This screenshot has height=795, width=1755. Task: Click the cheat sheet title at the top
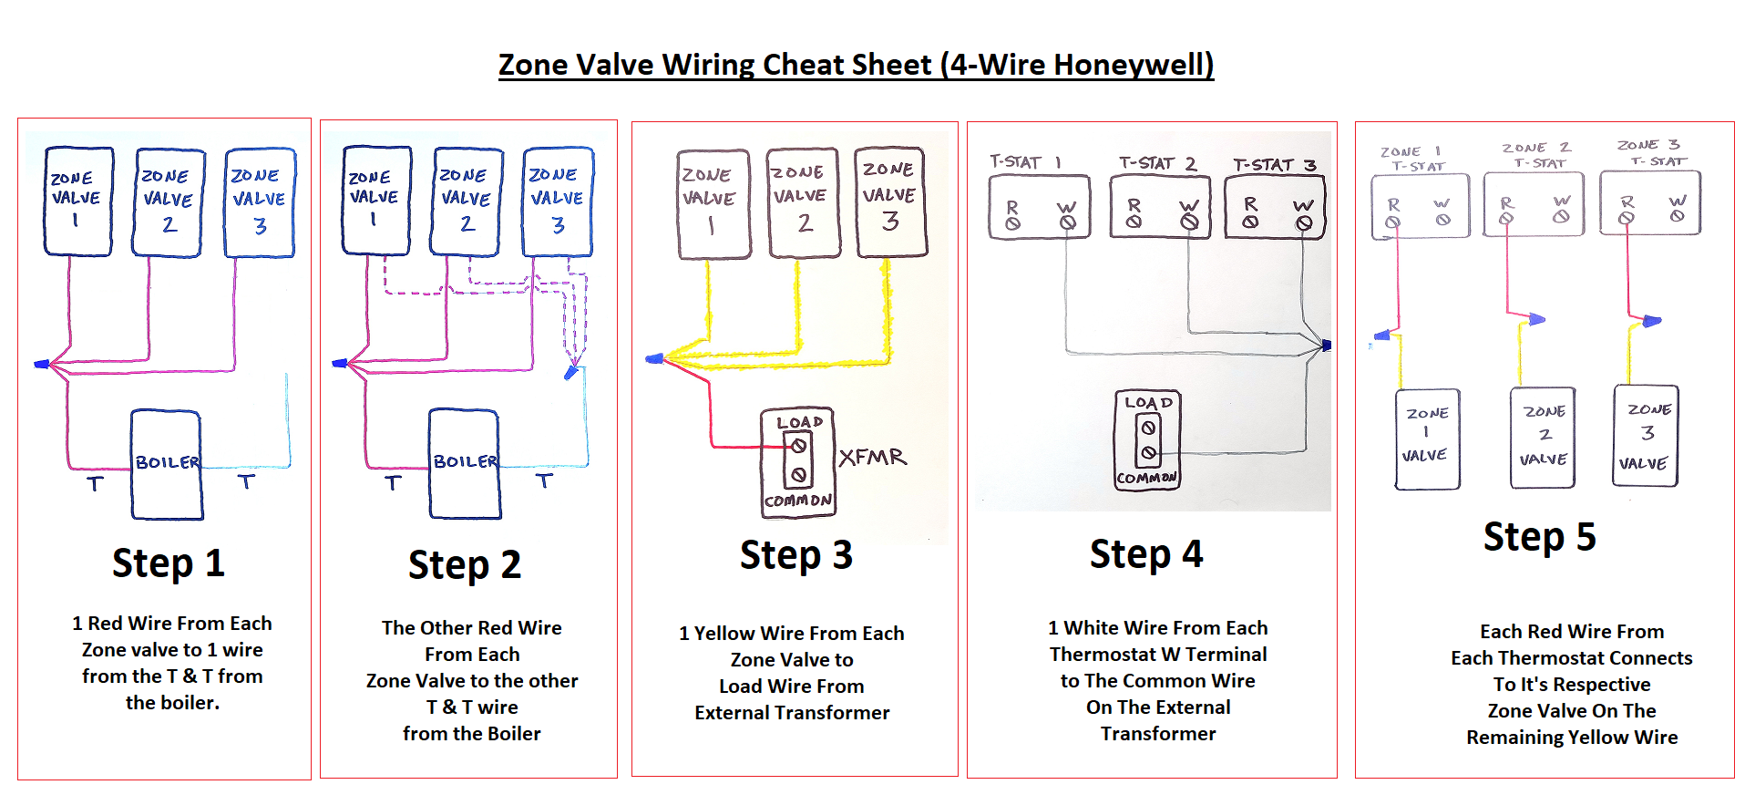point(856,65)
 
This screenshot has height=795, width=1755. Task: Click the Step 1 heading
point(168,563)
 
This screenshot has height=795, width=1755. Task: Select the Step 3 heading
point(795,555)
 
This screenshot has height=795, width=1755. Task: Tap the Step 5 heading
point(1539,537)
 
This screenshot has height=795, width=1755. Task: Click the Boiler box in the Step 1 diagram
point(167,464)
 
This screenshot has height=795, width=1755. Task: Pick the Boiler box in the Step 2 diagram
point(465,463)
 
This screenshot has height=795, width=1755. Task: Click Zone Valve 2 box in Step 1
point(168,202)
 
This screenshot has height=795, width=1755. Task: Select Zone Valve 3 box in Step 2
point(557,201)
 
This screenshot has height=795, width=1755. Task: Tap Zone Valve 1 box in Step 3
point(713,204)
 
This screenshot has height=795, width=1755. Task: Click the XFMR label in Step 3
point(872,458)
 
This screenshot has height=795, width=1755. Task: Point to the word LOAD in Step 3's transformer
point(799,423)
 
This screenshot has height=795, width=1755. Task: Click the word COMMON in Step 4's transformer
point(1146,478)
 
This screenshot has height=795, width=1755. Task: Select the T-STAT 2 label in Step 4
point(1157,163)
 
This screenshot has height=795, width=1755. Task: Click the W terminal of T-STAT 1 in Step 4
point(1067,222)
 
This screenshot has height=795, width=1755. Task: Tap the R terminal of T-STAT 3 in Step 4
point(1250,221)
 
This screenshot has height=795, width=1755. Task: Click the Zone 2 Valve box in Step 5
point(1544,437)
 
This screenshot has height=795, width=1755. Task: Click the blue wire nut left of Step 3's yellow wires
point(654,359)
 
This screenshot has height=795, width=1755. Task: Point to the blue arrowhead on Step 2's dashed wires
point(570,372)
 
